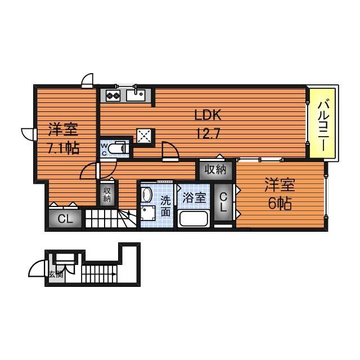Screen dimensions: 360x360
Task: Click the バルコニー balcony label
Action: click(x=323, y=124)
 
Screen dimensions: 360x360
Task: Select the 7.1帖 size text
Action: click(x=62, y=148)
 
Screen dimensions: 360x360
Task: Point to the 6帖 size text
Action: click(x=279, y=204)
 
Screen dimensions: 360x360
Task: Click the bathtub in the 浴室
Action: click(x=193, y=219)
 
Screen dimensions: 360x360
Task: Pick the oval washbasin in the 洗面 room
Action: click(x=147, y=195)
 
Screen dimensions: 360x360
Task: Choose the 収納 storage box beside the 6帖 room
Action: click(x=215, y=169)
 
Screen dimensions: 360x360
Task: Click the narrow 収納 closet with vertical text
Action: click(x=107, y=194)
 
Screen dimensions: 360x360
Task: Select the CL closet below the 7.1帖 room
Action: click(x=65, y=219)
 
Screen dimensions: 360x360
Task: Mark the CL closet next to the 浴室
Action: click(x=223, y=202)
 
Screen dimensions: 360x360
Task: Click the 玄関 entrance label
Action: click(x=55, y=274)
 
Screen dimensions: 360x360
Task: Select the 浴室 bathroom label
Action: click(x=194, y=198)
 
